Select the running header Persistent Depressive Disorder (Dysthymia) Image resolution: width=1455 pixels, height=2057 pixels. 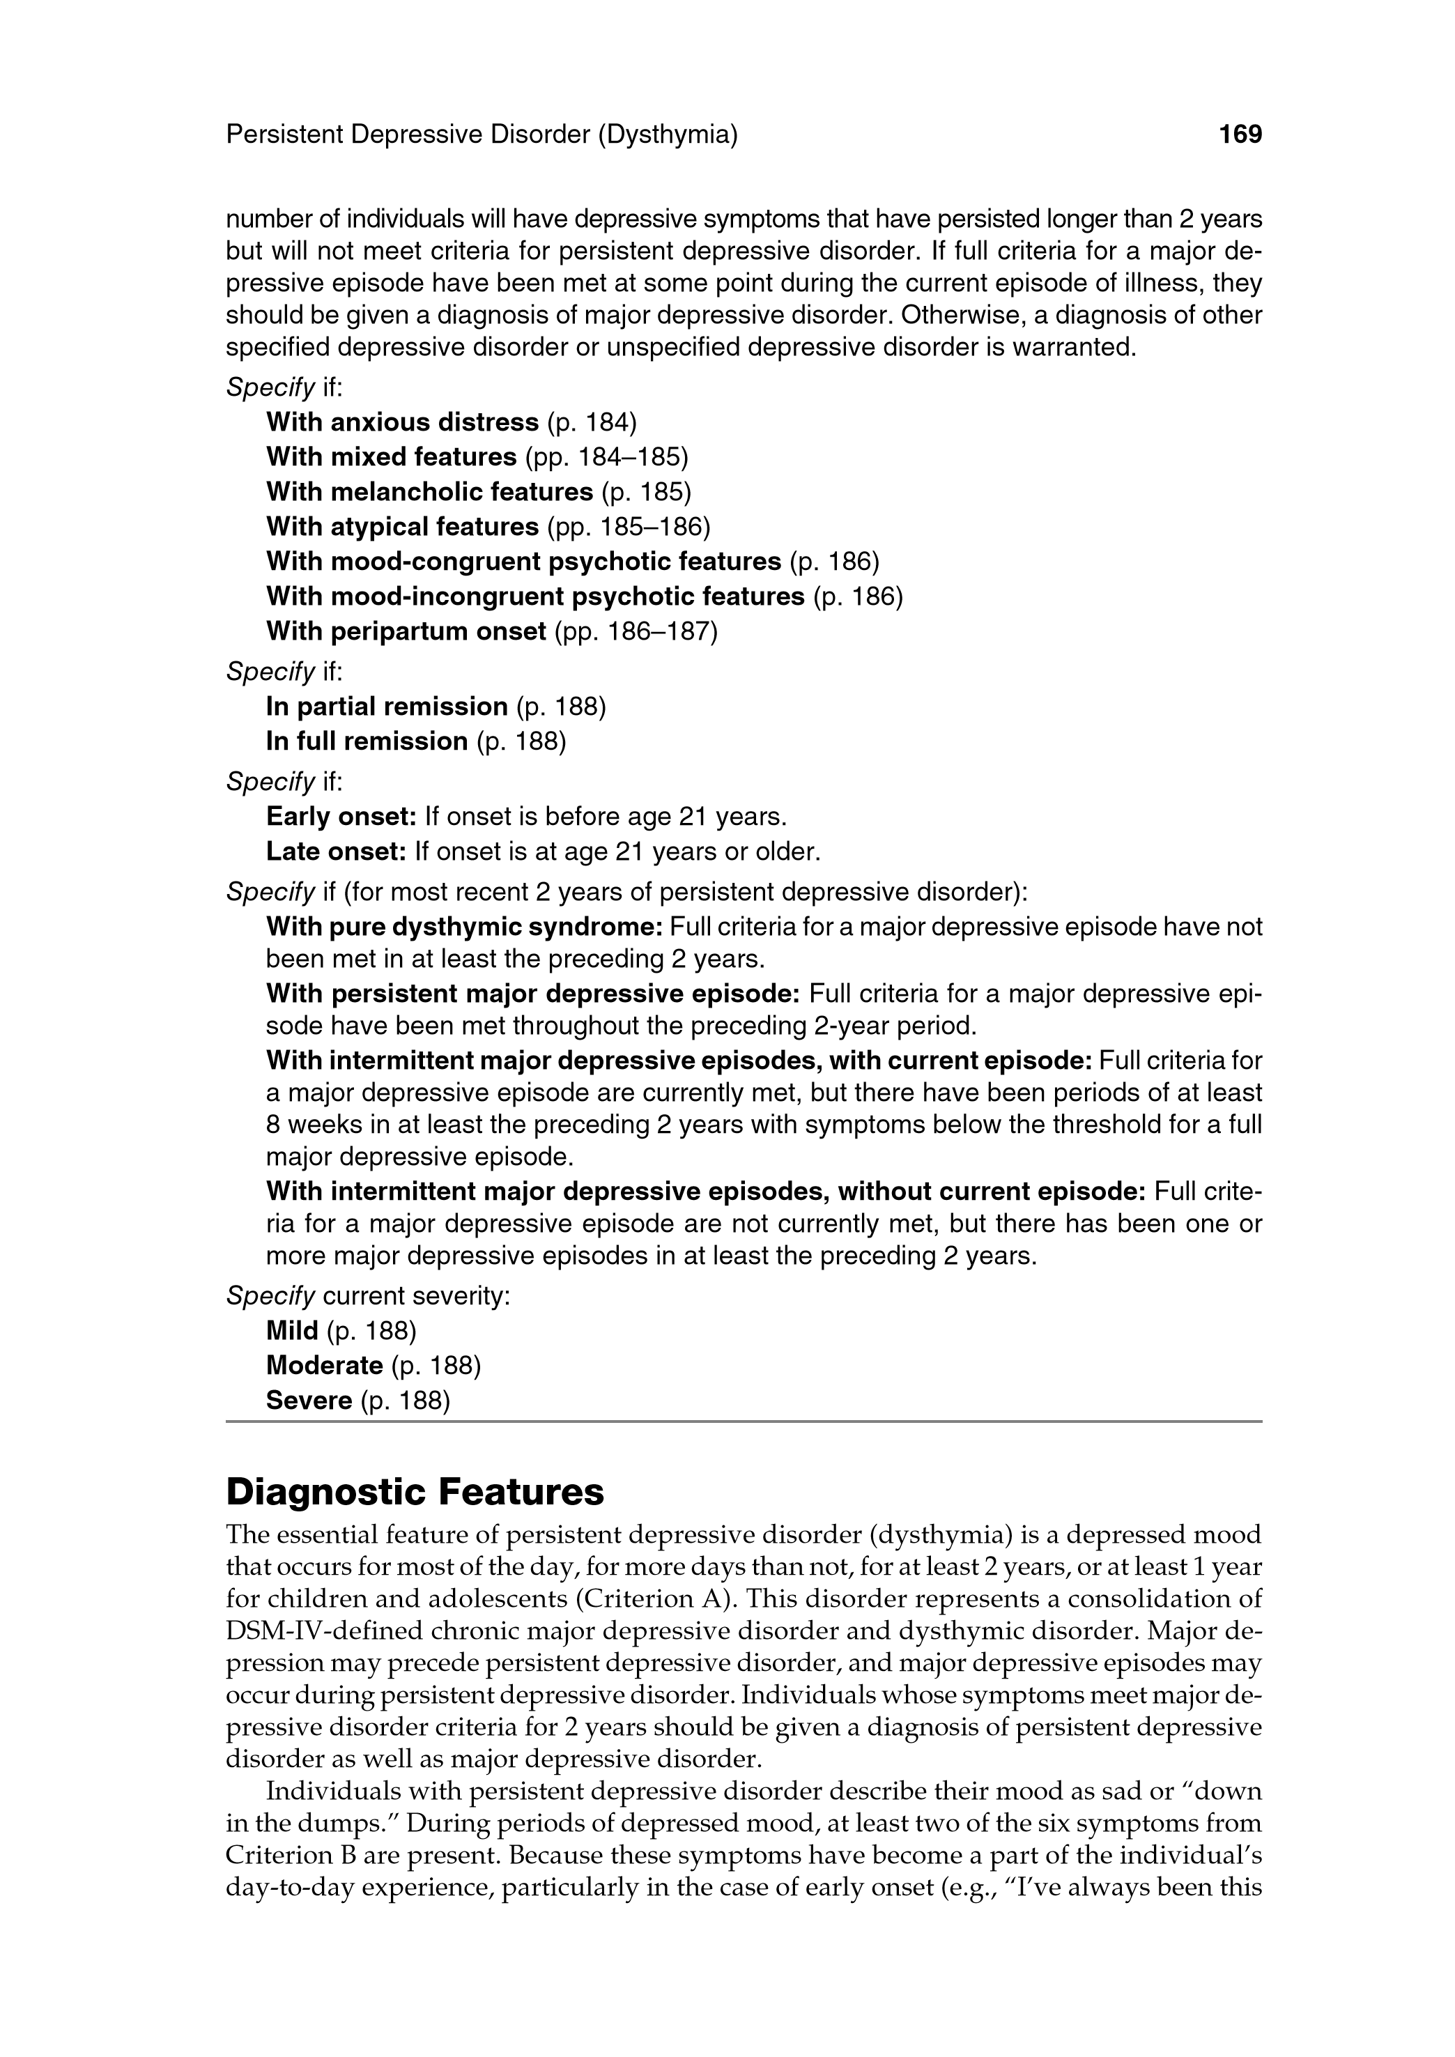[x=482, y=135]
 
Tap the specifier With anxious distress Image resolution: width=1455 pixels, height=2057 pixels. [x=402, y=422]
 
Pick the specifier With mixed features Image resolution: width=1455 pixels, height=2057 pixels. [x=392, y=457]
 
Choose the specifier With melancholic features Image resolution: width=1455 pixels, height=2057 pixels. [x=430, y=492]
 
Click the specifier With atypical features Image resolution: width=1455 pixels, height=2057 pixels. [x=402, y=527]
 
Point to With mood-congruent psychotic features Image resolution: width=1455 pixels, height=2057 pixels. [x=524, y=562]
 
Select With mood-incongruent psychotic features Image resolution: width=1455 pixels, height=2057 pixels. [x=536, y=596]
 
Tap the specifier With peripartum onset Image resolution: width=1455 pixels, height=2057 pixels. [x=406, y=631]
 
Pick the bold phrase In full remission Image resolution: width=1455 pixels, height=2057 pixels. [x=367, y=742]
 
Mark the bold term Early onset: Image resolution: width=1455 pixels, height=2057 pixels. [x=341, y=817]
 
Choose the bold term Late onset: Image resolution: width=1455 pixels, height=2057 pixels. [x=337, y=852]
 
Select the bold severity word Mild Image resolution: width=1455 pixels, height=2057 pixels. [x=292, y=1332]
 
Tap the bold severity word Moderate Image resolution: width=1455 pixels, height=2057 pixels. [x=324, y=1366]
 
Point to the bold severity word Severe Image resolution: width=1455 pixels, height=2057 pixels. [x=309, y=1401]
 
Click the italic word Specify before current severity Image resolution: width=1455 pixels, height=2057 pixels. [x=270, y=1296]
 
